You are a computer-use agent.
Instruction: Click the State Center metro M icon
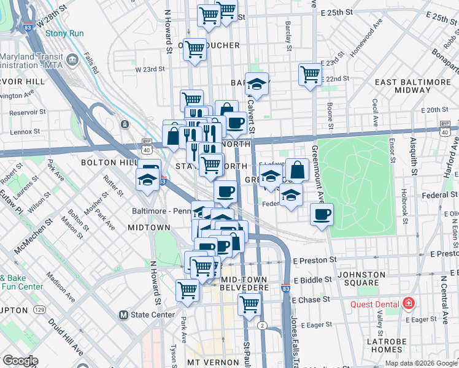(123, 315)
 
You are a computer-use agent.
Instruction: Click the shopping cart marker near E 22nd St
(310, 75)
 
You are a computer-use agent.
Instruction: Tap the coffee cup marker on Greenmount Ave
(322, 215)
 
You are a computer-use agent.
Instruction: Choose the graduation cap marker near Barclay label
(257, 84)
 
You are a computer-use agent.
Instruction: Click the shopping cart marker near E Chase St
(249, 304)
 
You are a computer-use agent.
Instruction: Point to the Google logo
(20, 361)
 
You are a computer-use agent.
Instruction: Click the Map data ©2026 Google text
(420, 363)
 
